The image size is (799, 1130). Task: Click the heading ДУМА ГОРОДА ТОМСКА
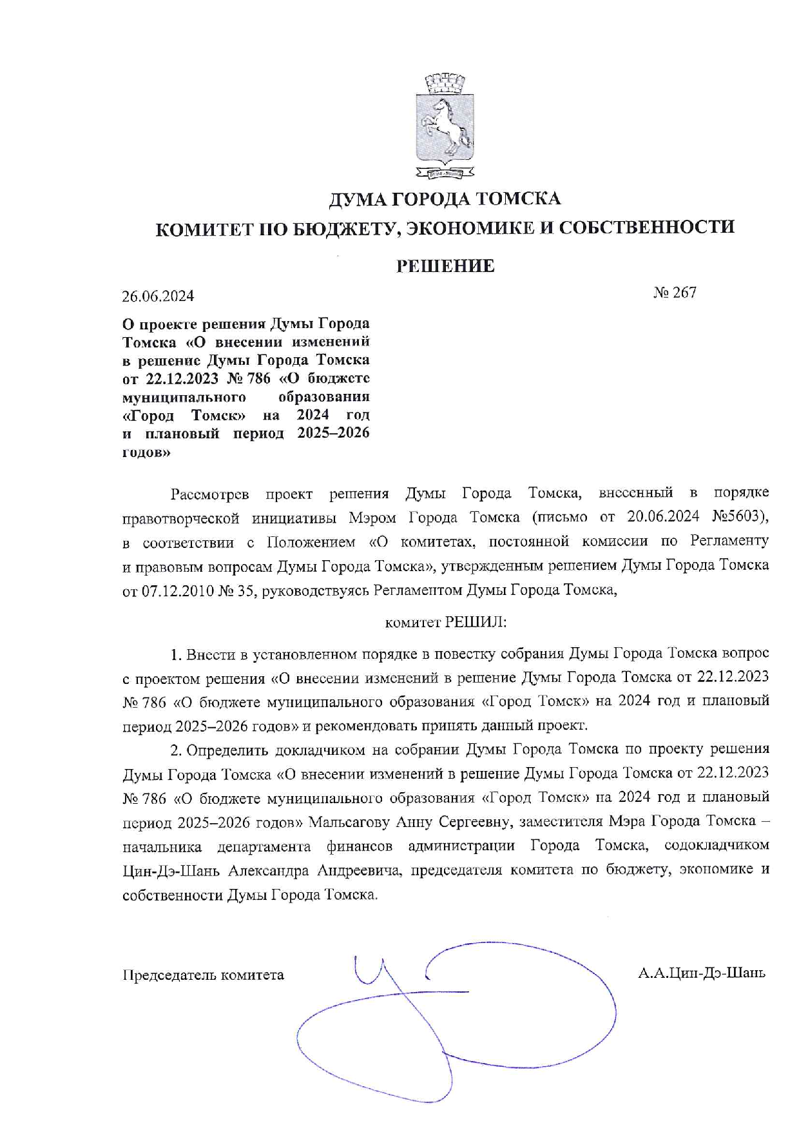[445, 199]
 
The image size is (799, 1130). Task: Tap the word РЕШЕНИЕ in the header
[445, 266]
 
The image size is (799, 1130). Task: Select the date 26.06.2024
[158, 296]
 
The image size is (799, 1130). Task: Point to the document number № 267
[675, 293]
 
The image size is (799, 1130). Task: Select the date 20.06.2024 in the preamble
[663, 517]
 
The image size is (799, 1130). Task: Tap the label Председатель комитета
[203, 975]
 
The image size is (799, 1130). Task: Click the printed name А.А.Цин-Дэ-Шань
[701, 973]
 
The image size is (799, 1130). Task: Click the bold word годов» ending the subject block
[146, 452]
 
